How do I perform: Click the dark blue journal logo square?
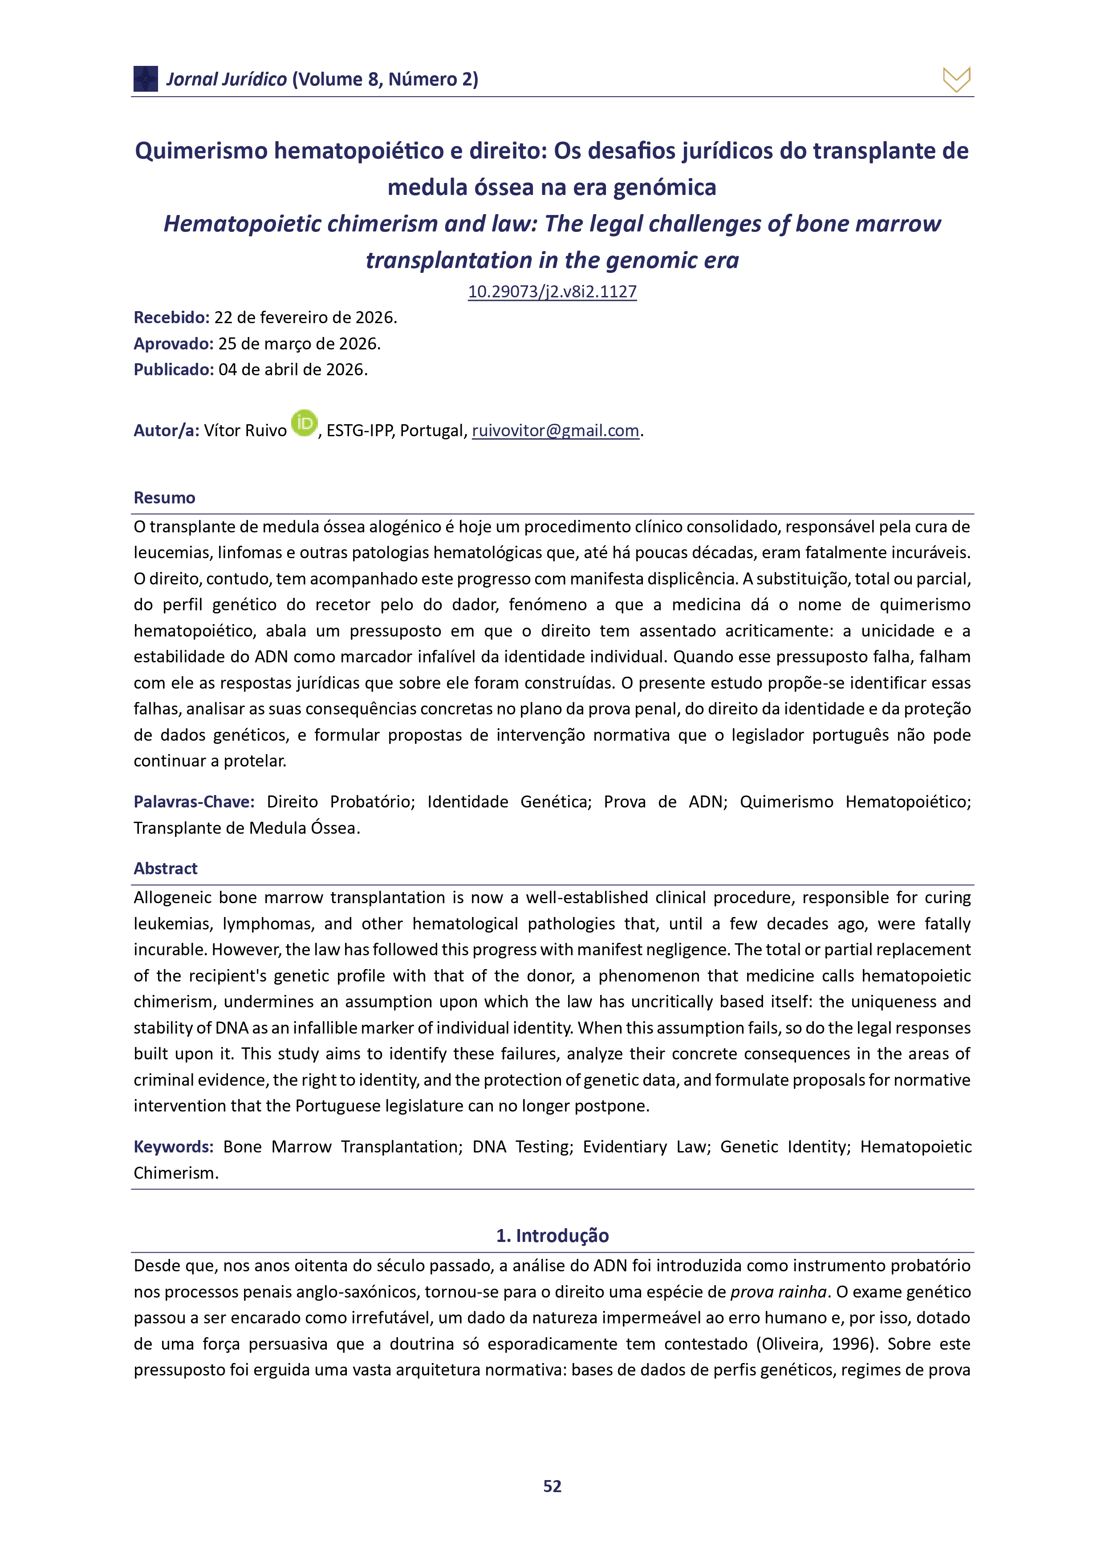pyautogui.click(x=146, y=79)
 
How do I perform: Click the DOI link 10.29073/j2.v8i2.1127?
pyautogui.click(x=552, y=292)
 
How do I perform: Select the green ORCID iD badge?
pyautogui.click(x=304, y=423)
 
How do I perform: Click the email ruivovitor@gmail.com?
pyautogui.click(x=555, y=430)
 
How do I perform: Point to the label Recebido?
pyautogui.click(x=171, y=318)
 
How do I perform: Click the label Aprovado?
pyautogui.click(x=174, y=344)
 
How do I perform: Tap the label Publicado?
pyautogui.click(x=174, y=369)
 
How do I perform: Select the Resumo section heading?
pyautogui.click(x=165, y=498)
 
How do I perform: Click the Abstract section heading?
pyautogui.click(x=165, y=869)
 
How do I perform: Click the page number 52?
pyautogui.click(x=552, y=1486)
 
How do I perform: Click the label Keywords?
pyautogui.click(x=174, y=1147)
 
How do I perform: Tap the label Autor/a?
pyautogui.click(x=166, y=430)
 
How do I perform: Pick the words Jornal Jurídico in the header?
pyautogui.click(x=227, y=80)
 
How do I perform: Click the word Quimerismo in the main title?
pyautogui.click(x=201, y=150)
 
